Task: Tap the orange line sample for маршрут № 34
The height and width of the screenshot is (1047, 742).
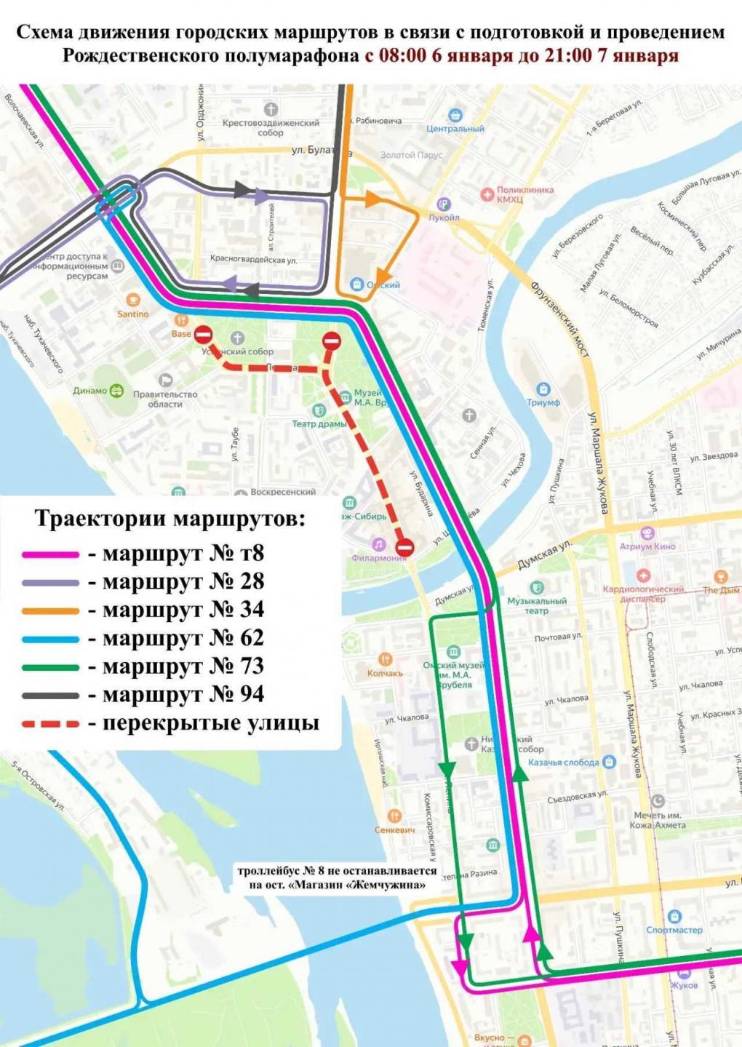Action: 50,611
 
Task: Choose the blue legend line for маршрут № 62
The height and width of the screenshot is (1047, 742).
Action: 50,640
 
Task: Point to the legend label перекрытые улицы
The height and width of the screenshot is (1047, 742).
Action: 210,723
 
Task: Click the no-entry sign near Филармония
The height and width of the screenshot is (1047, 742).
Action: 404,547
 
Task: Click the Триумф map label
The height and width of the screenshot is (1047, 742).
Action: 543,402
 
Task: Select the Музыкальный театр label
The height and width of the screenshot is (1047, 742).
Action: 537,605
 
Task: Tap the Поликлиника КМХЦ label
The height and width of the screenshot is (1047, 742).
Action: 524,194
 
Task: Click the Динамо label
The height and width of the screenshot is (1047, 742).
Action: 90,391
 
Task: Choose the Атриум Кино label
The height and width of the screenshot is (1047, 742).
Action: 647,546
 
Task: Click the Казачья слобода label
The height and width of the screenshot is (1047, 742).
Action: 564,763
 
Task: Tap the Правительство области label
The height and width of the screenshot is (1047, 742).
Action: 165,399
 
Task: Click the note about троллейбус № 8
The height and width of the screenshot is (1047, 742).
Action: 337,877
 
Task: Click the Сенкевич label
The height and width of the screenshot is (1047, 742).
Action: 394,829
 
